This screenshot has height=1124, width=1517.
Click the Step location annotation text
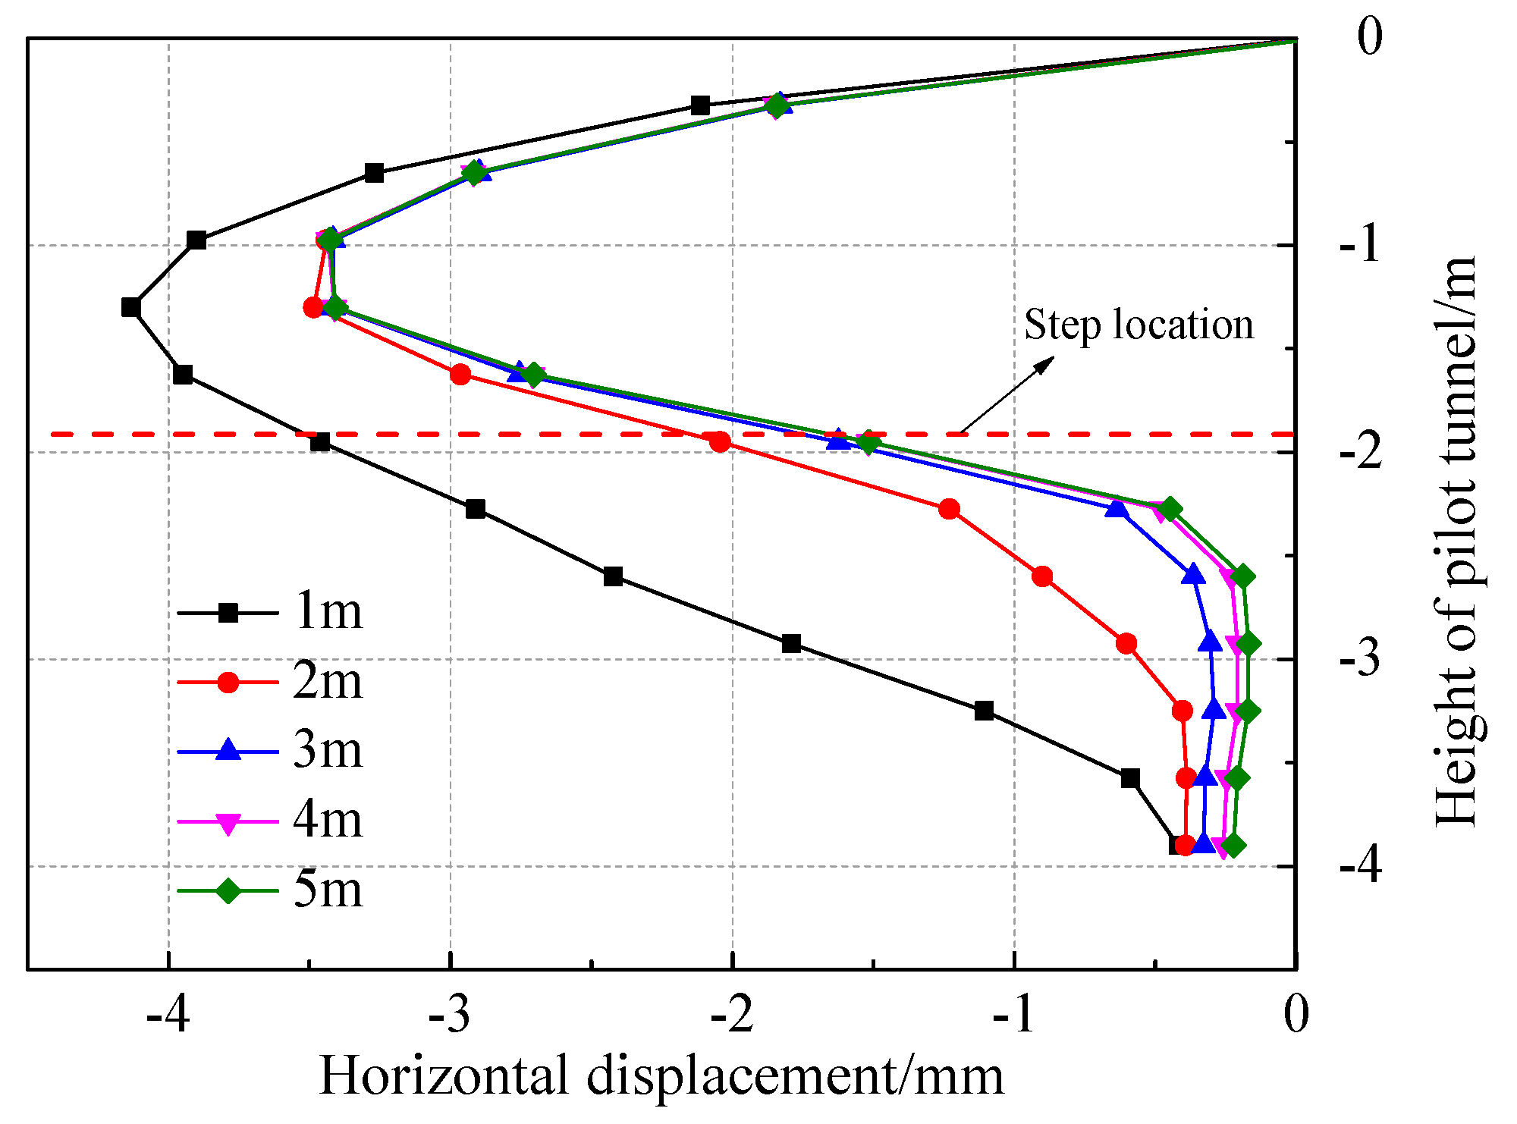[x=1138, y=325]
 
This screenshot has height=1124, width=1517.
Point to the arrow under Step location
[x=1007, y=395]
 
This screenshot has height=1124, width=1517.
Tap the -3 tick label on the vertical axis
[x=1361, y=658]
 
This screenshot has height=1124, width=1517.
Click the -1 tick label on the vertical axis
[x=1361, y=245]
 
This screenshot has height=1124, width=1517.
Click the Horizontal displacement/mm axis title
[x=661, y=1076]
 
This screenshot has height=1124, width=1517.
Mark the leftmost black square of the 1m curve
[x=131, y=307]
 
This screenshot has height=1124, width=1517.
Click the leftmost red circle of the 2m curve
[x=313, y=307]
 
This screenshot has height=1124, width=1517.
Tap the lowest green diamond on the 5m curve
[x=1233, y=845]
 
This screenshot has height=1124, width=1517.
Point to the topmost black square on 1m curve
[x=701, y=105]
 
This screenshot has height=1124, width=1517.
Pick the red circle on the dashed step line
[x=721, y=441]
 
